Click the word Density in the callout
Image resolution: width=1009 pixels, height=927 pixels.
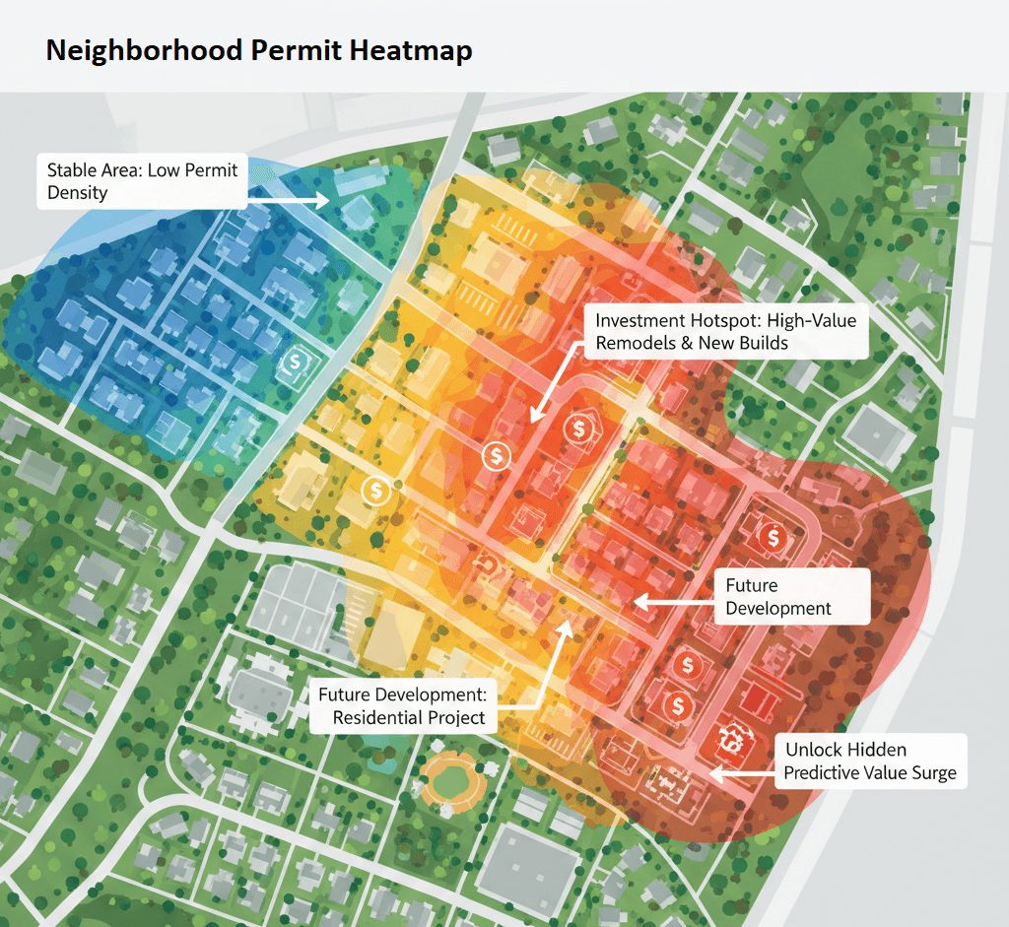(77, 193)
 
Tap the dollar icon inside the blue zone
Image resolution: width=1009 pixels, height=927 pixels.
(295, 363)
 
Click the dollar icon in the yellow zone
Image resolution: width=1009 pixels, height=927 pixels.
(375, 488)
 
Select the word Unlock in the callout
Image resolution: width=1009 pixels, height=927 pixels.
(815, 751)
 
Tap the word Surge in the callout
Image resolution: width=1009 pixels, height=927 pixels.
(931, 772)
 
